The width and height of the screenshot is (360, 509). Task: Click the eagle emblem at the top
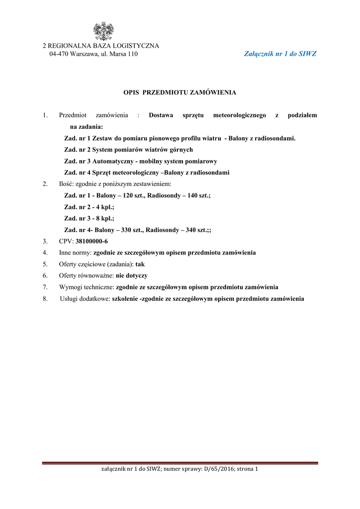click(104, 31)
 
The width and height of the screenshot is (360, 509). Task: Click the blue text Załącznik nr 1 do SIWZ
click(280, 54)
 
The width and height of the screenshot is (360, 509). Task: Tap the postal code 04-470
click(59, 54)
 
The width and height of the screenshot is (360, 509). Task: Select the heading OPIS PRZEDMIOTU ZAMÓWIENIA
click(180, 92)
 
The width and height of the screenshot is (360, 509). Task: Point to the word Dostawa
click(161, 115)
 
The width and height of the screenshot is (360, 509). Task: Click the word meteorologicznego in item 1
click(240, 115)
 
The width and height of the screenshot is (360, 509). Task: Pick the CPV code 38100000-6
click(91, 241)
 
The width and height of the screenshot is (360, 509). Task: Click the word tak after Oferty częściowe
click(140, 264)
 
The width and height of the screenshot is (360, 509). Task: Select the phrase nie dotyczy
click(132, 275)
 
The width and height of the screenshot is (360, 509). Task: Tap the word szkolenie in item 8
click(126, 299)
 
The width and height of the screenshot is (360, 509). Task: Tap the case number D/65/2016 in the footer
click(218, 469)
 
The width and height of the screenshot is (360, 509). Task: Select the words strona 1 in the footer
click(247, 469)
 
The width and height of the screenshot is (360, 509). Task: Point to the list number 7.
click(45, 287)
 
